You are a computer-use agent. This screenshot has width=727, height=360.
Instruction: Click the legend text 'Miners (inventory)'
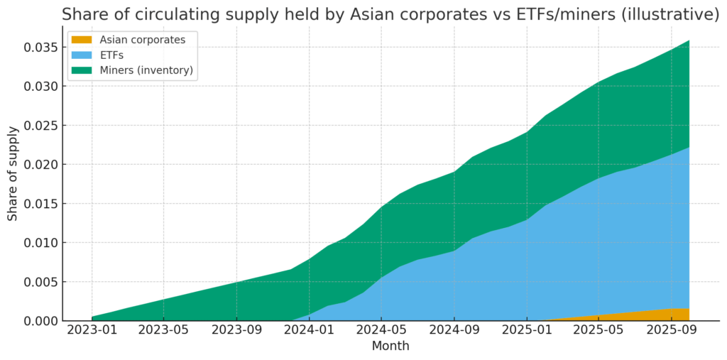pos(147,70)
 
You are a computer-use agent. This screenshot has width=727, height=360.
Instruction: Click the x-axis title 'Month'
pos(390,347)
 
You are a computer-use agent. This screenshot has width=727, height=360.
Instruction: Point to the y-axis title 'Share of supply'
pos(13,174)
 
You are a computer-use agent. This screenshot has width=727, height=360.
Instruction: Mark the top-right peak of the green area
pos(688,41)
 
